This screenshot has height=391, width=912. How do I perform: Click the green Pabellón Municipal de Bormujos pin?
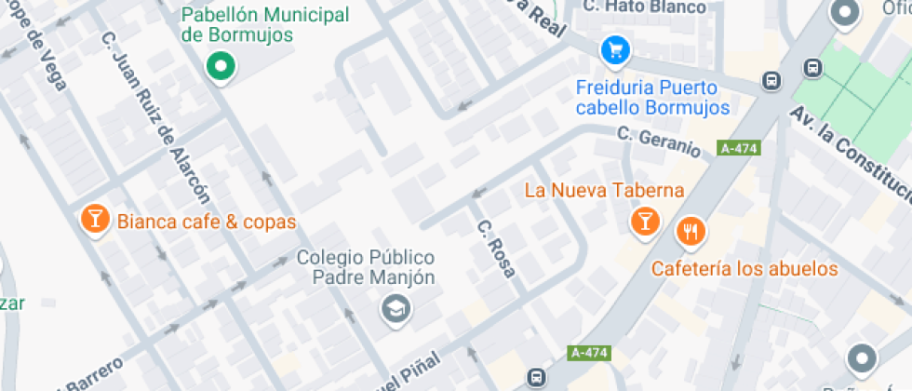pyautogui.click(x=221, y=66)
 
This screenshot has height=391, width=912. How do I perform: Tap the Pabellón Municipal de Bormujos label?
pyautogui.click(x=265, y=25)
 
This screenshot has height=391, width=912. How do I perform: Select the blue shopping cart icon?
pyautogui.click(x=613, y=50)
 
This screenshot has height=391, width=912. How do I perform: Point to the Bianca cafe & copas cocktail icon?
pyautogui.click(x=94, y=220)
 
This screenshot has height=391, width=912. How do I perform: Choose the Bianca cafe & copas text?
pyautogui.click(x=206, y=222)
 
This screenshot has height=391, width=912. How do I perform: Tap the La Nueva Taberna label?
pyautogui.click(x=605, y=191)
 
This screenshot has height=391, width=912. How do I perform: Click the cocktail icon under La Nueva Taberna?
pyautogui.click(x=643, y=222)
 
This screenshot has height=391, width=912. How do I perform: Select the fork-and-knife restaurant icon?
pyautogui.click(x=690, y=230)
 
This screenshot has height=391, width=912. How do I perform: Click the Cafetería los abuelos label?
pyautogui.click(x=744, y=270)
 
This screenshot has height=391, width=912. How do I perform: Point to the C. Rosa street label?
pyautogui.click(x=496, y=249)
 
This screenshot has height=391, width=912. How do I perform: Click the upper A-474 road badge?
pyautogui.click(x=738, y=148)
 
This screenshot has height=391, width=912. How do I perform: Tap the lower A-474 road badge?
pyautogui.click(x=588, y=353)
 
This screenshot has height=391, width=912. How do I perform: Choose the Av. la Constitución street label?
pyautogui.click(x=849, y=152)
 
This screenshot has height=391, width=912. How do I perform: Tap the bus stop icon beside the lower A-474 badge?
pyautogui.click(x=536, y=377)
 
